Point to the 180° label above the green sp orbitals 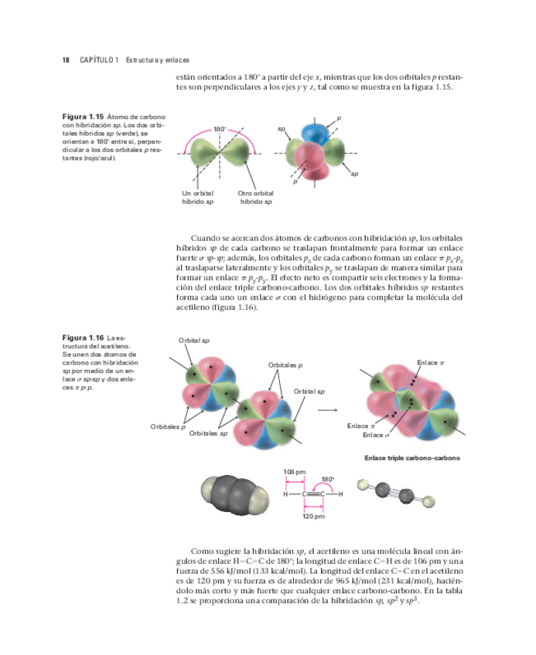[x=220, y=129]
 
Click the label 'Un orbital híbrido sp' [x=198, y=197]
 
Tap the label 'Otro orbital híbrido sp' [x=255, y=197]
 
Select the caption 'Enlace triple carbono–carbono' [x=412, y=458]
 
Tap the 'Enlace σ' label [x=375, y=435]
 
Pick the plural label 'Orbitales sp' [x=208, y=434]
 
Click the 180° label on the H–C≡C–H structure [x=327, y=479]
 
